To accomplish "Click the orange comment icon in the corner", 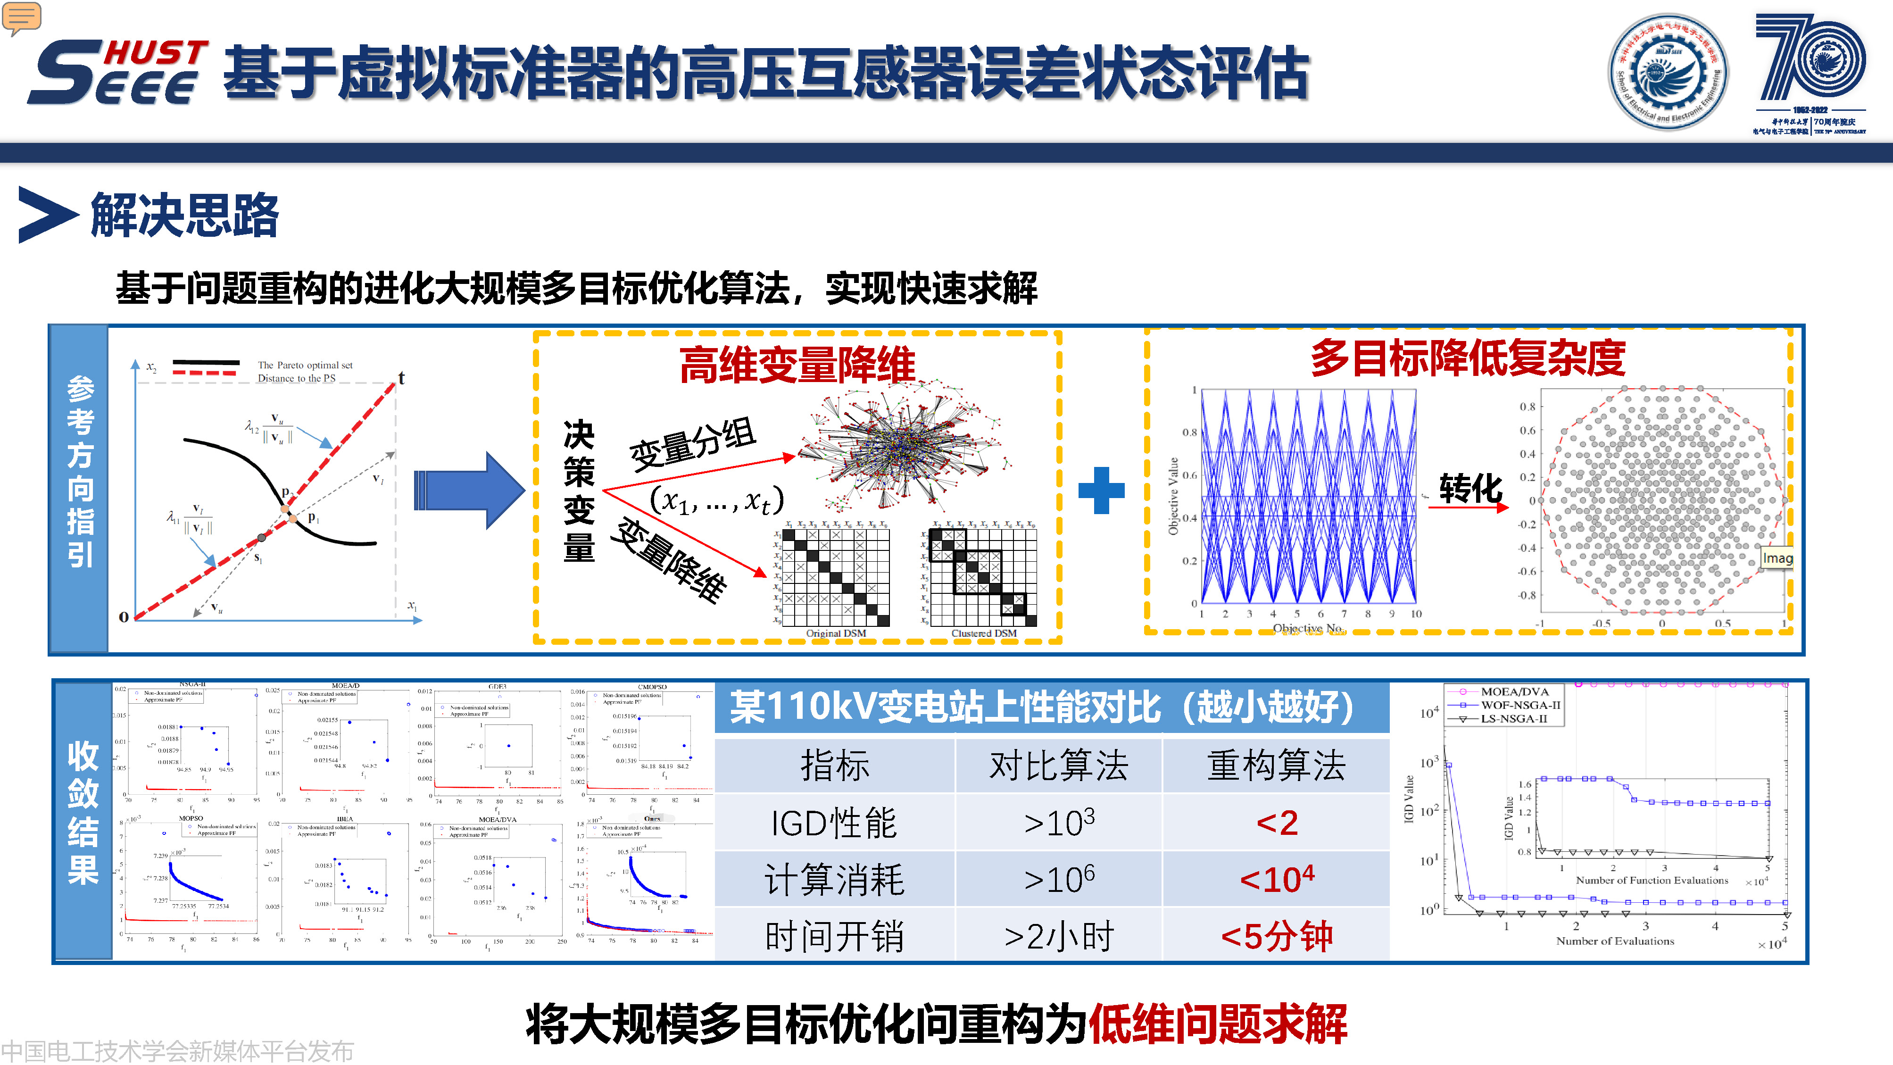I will (21, 16).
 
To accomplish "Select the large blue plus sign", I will (1101, 490).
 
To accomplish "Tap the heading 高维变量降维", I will (797, 365).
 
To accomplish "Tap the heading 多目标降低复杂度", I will (1468, 358).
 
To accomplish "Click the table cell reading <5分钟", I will (1277, 936).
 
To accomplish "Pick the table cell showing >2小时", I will (1058, 936).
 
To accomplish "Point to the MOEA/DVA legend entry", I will (1514, 691).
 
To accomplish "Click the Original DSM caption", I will (836, 633).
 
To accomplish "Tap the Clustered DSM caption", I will (983, 633).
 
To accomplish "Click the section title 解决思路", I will (184, 216).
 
